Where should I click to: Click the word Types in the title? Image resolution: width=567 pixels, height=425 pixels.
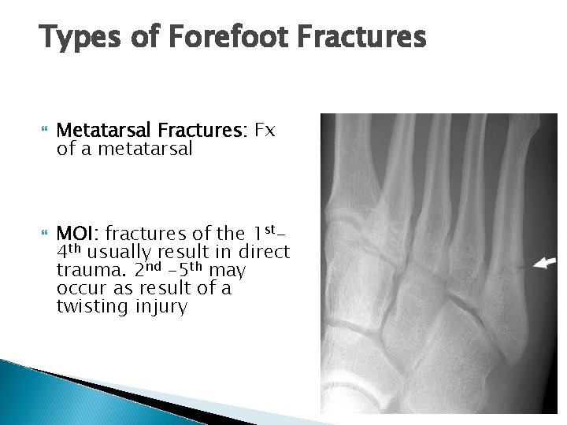tap(76, 37)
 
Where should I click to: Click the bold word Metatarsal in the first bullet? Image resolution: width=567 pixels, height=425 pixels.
tap(105, 130)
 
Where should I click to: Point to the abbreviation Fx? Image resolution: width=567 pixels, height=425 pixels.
tap(263, 130)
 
